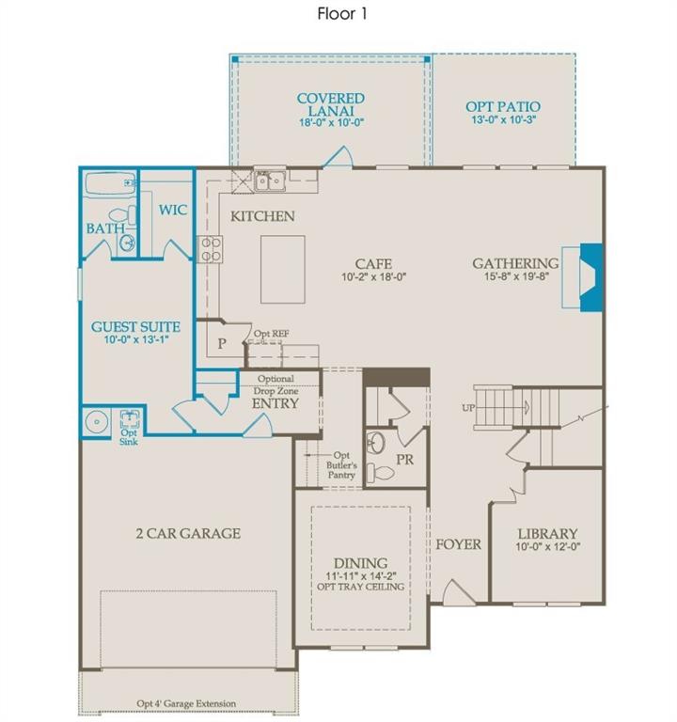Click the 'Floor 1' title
point(341,14)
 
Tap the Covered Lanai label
point(331,104)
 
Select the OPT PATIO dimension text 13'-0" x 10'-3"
point(503,119)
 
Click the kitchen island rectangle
point(283,270)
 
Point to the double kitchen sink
point(270,180)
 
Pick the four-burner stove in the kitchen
point(210,249)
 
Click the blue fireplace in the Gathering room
point(590,277)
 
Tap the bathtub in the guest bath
point(111,182)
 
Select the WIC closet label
point(173,211)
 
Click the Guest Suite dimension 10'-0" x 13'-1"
point(136,339)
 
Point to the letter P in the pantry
point(222,343)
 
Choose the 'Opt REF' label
point(271,334)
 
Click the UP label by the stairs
point(468,408)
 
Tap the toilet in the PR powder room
point(381,473)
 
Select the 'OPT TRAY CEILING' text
point(361,587)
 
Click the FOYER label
point(458,544)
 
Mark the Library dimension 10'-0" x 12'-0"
point(547,547)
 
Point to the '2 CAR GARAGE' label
point(188,534)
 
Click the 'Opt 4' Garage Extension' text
point(186,703)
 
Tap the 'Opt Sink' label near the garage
point(129,437)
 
